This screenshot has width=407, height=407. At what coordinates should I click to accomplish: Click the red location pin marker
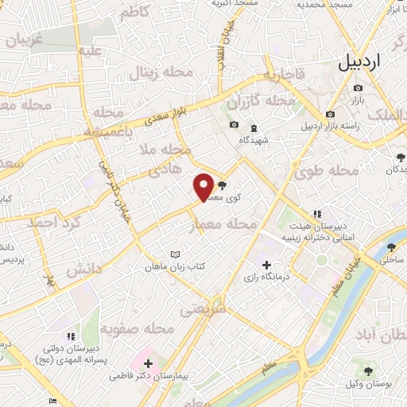[x=203, y=187]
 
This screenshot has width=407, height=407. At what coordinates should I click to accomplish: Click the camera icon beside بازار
[x=359, y=88]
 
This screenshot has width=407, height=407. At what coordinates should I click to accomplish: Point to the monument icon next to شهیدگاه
[x=254, y=127]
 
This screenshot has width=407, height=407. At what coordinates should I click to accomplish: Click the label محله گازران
[x=261, y=102]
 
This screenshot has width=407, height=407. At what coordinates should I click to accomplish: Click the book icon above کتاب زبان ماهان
[x=176, y=255]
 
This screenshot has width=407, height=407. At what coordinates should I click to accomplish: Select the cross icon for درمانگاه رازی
[x=266, y=265]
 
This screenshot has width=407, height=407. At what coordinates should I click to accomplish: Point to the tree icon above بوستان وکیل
[x=367, y=370]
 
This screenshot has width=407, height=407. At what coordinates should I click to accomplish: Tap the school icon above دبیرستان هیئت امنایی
[x=317, y=214]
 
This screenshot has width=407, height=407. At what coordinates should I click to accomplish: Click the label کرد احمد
[x=51, y=223]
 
